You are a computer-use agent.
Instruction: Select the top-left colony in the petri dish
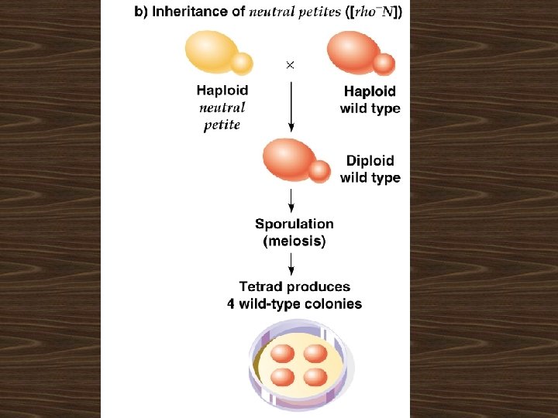282,354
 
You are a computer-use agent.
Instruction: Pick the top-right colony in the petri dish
315,354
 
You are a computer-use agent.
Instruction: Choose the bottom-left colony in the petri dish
282,378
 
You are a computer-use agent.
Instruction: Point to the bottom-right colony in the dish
315,378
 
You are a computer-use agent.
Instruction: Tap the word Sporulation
294,224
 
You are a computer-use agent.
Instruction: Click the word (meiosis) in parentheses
294,242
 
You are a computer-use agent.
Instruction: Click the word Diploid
370,161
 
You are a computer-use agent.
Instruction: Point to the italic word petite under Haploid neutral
222,125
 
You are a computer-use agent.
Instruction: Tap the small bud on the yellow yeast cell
242,62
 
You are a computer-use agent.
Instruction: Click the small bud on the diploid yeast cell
319,171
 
